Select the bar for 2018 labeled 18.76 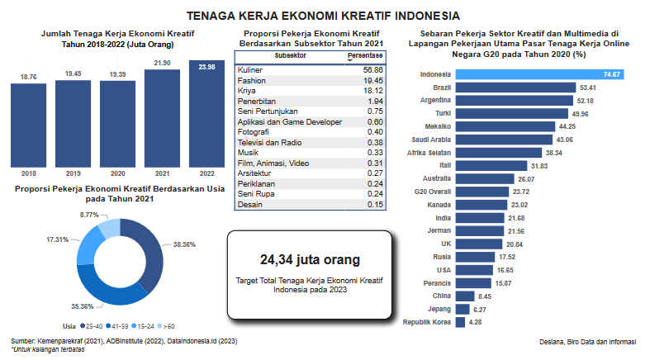[29, 124]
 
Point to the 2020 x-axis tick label [117, 173]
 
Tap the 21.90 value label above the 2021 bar [162, 63]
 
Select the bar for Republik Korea [460, 321]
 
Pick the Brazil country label [441, 87]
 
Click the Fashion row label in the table [251, 81]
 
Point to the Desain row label [249, 205]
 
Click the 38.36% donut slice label [185, 245]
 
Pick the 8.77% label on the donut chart [90, 215]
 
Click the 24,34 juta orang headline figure [310, 260]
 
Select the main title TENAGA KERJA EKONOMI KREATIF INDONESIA [324, 16]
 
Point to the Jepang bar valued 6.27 [462, 308]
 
